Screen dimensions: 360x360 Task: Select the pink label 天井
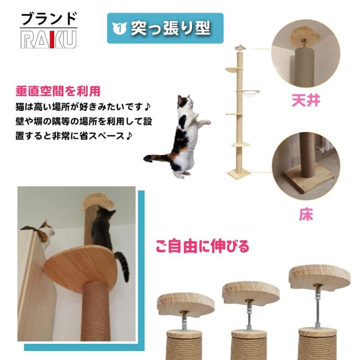click(x=306, y=100)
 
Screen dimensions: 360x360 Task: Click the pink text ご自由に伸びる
click(x=202, y=246)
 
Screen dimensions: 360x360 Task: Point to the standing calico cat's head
click(x=184, y=103)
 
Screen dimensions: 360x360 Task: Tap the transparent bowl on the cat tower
click(x=245, y=93)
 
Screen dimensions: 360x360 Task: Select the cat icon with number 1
click(x=119, y=28)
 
